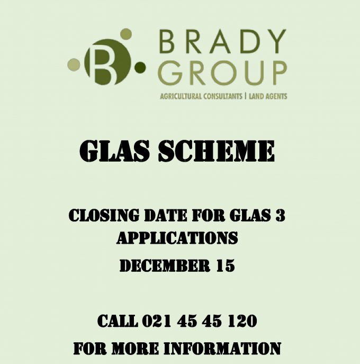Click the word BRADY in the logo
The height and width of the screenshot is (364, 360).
coord(223,41)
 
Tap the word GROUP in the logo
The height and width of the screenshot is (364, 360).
coord(223,73)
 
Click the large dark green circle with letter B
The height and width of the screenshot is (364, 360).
coord(107,62)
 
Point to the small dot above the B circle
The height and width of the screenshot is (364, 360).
coord(126,34)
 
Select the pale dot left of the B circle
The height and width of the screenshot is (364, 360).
coord(74,65)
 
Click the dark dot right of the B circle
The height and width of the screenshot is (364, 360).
coord(140,67)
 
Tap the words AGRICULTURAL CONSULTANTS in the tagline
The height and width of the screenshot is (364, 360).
coord(201,96)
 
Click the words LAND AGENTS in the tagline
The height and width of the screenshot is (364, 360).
coord(268,96)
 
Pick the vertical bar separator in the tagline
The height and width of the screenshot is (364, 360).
coord(246,96)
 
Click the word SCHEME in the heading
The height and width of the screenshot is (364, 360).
coord(216,151)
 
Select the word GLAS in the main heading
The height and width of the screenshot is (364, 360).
coord(115,151)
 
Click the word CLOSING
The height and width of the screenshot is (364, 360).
coord(104,215)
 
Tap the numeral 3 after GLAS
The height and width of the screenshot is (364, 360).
coord(280,215)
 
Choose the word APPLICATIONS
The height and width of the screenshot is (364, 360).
coord(177,238)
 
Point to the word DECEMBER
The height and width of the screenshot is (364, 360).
coord(165,265)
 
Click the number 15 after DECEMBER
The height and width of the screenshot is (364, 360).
coord(226,265)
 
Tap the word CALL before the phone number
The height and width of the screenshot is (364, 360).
coord(118,321)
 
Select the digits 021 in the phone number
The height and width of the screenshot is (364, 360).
coord(157,321)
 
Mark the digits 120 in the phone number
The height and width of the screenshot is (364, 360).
coord(242,321)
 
